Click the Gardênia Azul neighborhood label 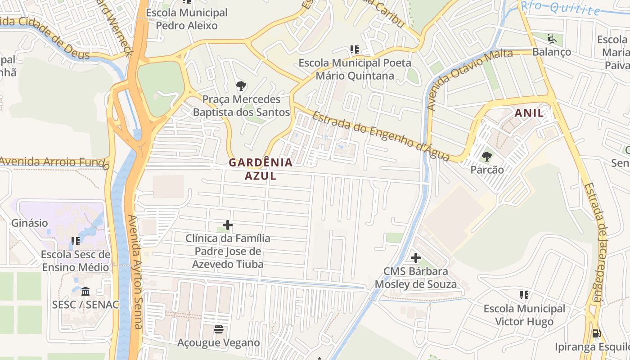coord(261,169)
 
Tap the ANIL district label coord(529,113)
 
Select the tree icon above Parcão coord(486,157)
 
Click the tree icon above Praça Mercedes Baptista coord(241,85)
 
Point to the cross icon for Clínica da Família coord(228,225)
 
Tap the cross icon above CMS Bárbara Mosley coord(415,258)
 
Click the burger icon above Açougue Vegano coord(219,329)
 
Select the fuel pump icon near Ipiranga coord(596,333)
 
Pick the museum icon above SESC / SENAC coord(85,291)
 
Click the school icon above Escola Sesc coord(75,241)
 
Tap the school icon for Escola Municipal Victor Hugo coord(524,295)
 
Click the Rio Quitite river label coord(561,8)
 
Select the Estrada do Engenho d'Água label coord(380,136)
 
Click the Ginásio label coord(29,223)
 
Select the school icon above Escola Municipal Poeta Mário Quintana coord(354,49)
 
